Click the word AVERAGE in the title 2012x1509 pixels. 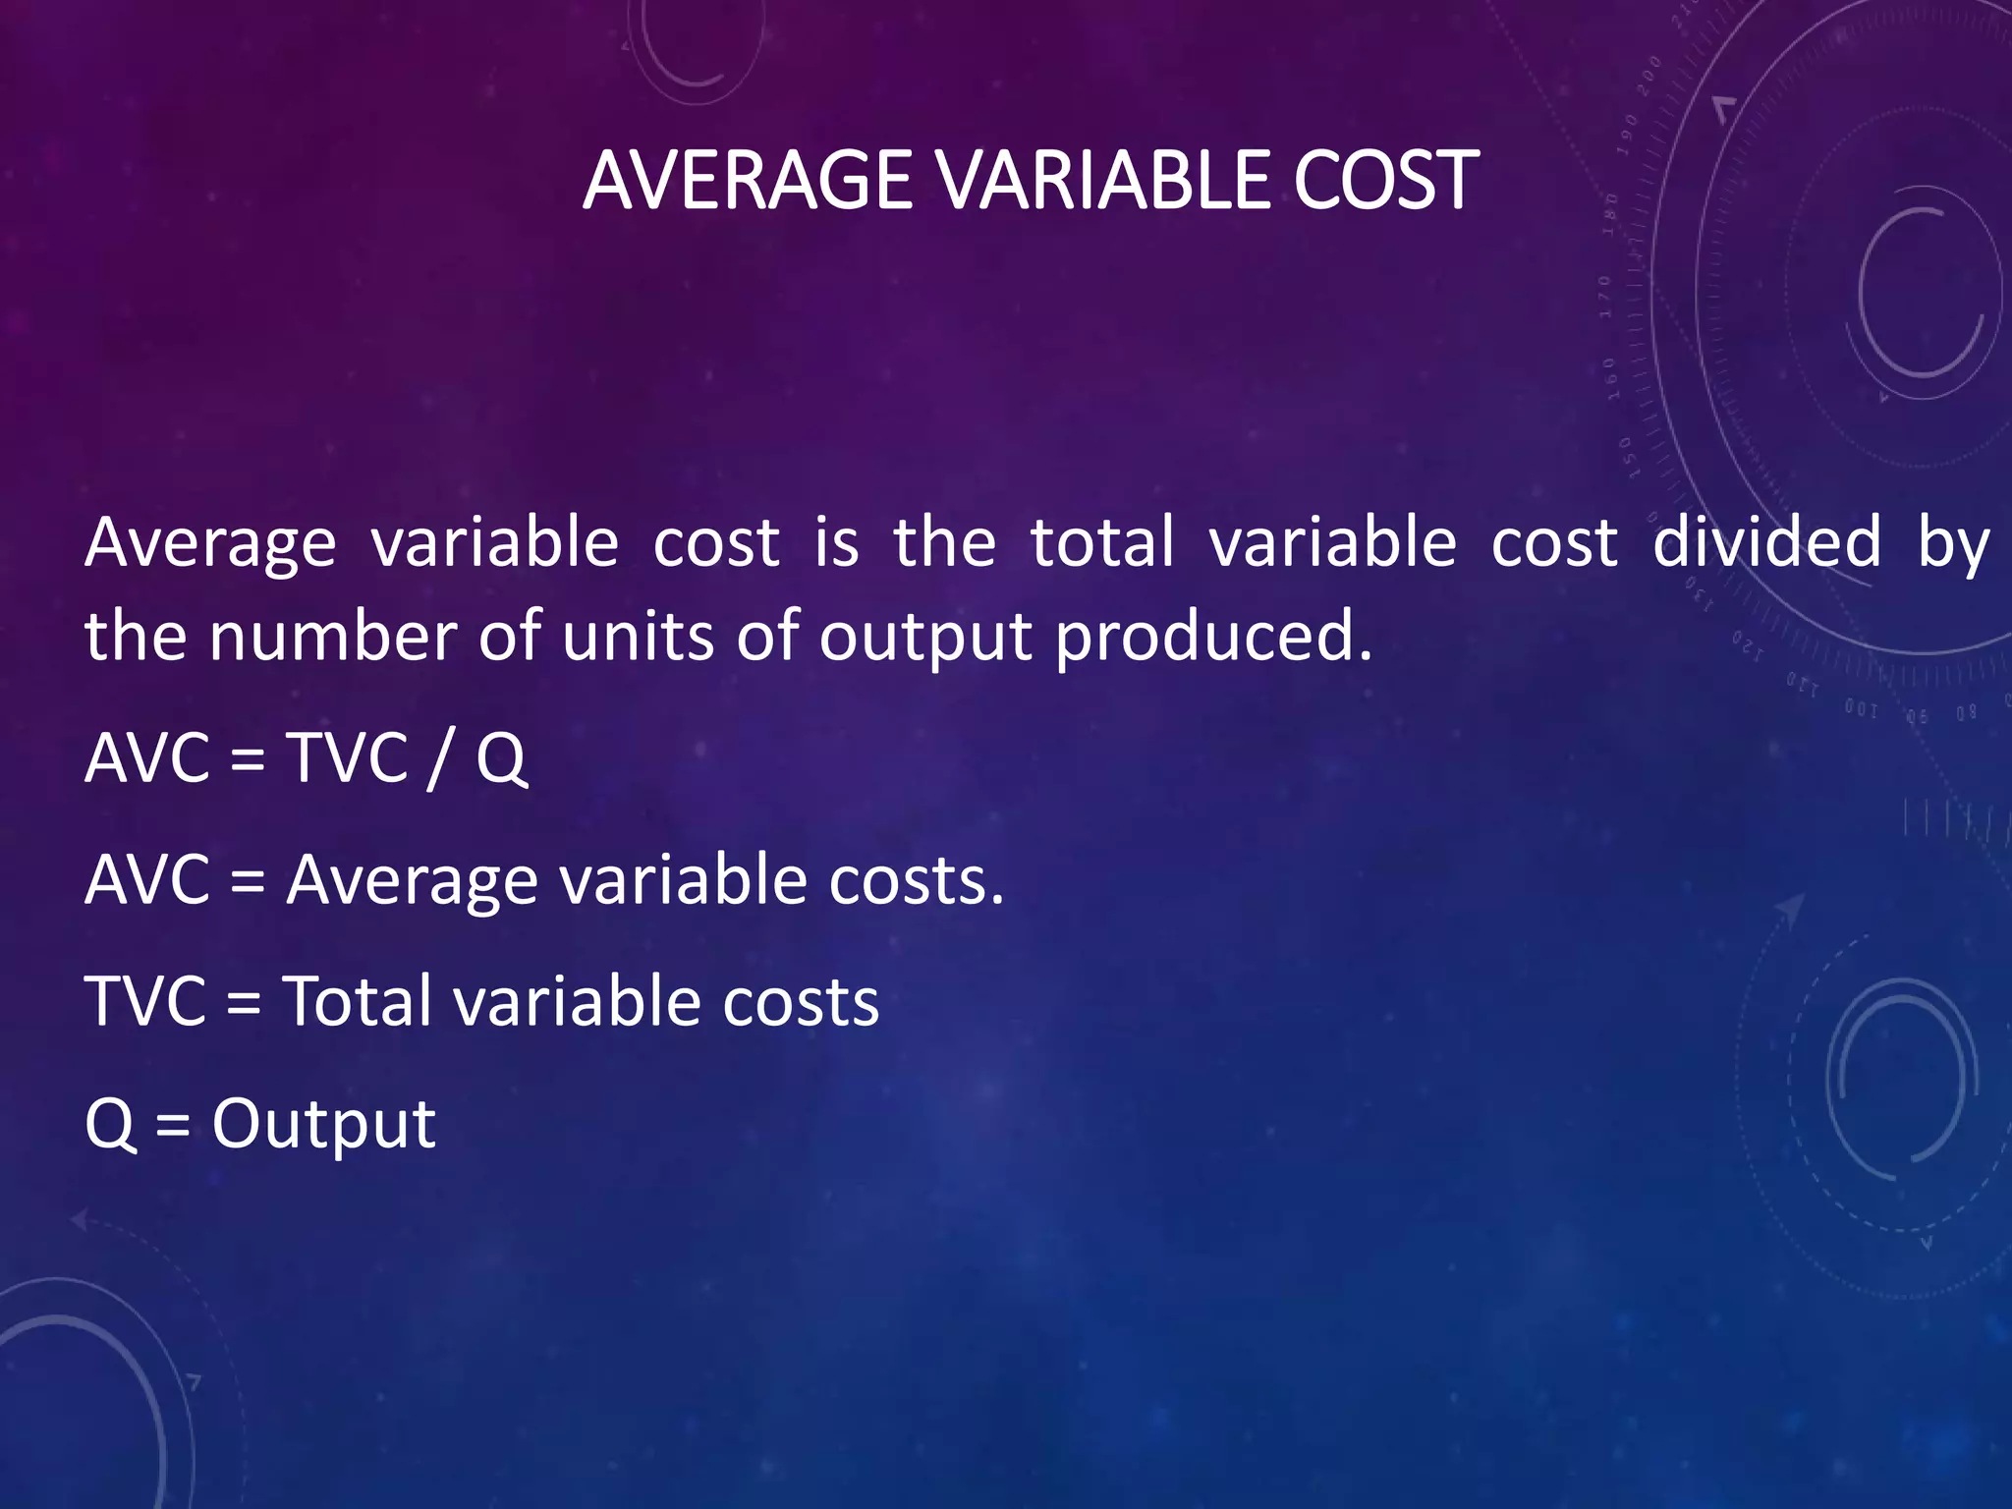747,181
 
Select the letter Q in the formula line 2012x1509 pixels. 502,758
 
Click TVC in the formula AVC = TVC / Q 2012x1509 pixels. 347,758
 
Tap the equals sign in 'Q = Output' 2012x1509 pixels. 173,1125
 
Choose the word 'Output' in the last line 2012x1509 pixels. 323,1125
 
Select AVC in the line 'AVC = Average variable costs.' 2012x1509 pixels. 147,880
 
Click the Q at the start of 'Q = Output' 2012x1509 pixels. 110,1125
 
